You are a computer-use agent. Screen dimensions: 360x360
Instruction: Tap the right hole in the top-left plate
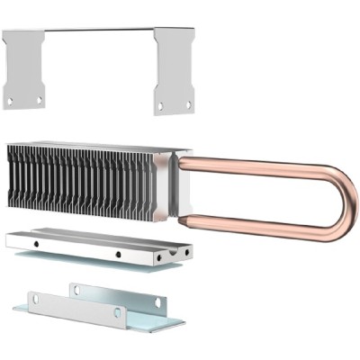(40, 98)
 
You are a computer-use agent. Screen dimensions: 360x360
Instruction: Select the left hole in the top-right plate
(161, 105)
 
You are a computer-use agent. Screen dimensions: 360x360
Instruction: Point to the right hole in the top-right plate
(188, 103)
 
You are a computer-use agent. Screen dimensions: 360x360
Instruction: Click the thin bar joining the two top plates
(99, 30)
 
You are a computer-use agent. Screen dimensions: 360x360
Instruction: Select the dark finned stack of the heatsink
(81, 180)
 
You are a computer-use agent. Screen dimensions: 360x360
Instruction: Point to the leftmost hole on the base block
(33, 243)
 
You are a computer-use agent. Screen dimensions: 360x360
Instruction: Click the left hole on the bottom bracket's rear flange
(76, 289)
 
